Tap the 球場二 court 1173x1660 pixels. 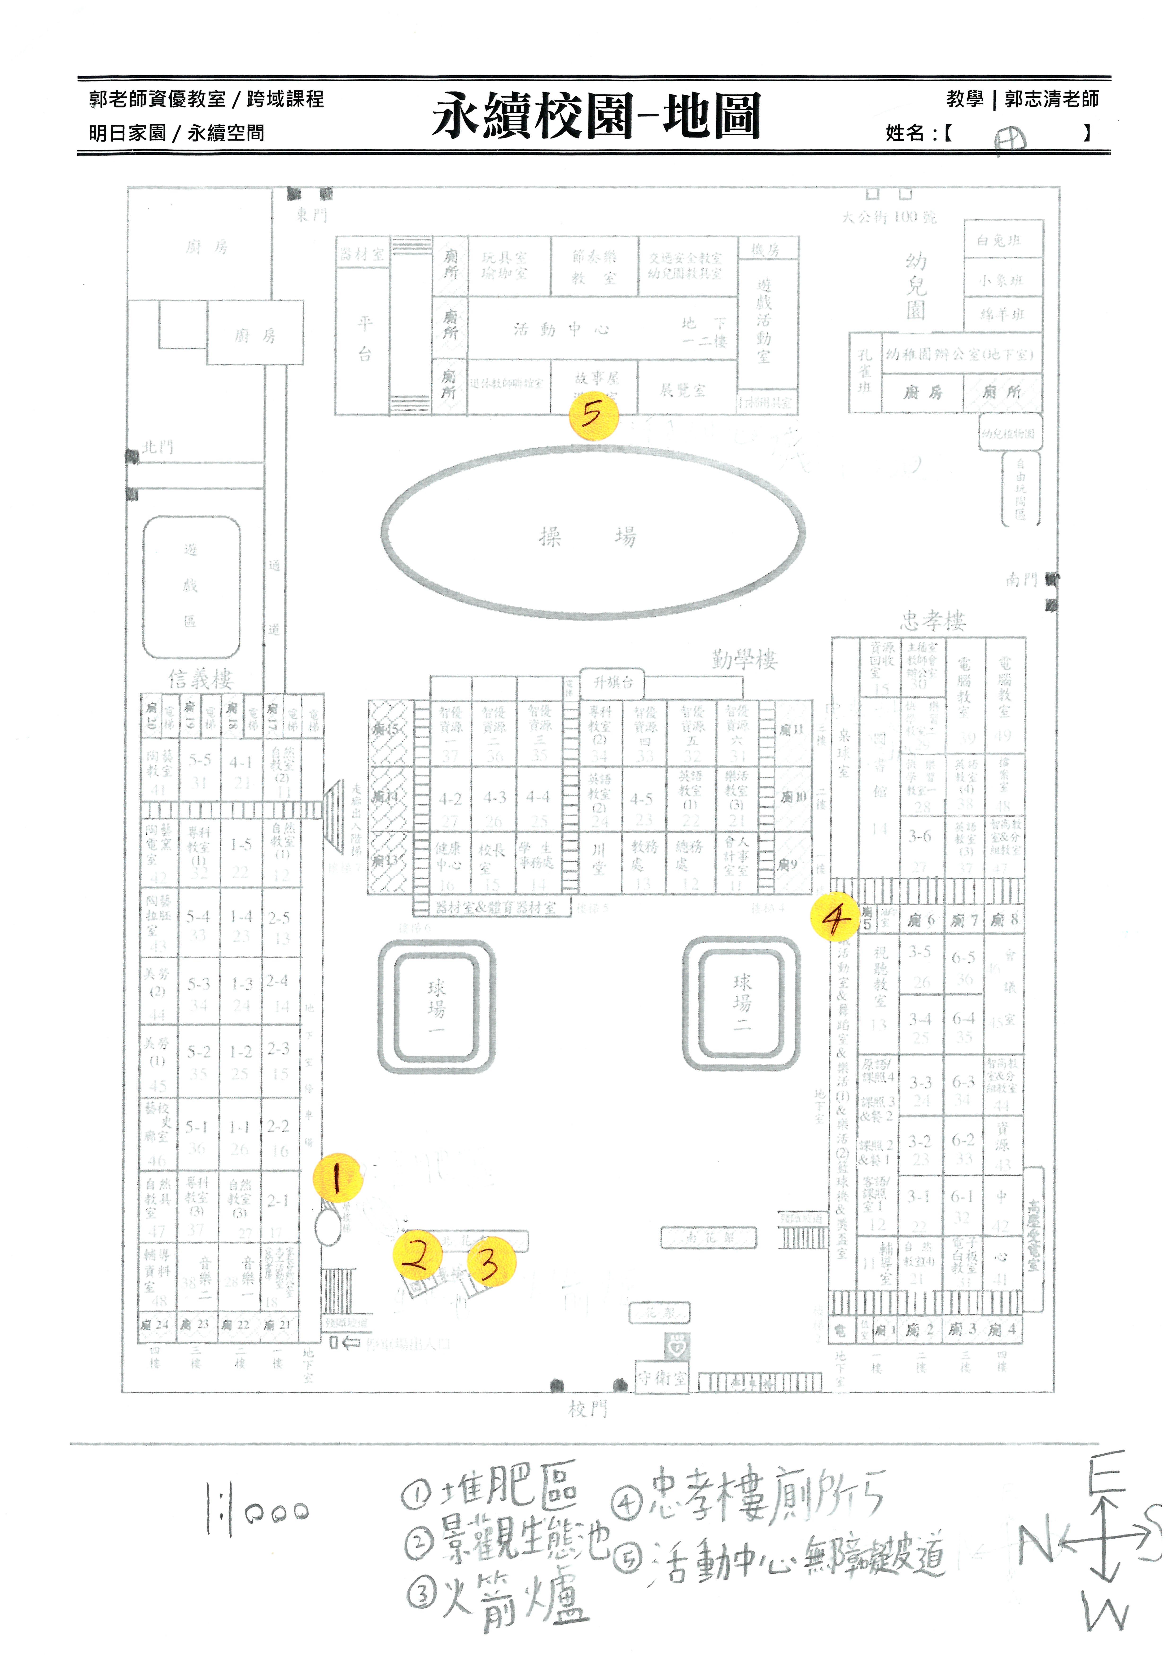(x=742, y=1002)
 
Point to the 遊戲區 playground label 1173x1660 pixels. (x=190, y=586)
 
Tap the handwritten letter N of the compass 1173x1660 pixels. (x=1036, y=1545)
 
